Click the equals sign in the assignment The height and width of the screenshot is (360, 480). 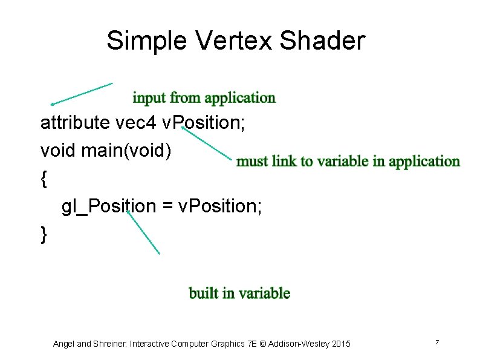[x=167, y=207]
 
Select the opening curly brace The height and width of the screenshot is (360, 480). [x=43, y=178]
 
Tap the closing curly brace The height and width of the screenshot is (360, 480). [x=43, y=234]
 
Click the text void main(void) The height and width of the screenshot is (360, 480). [x=106, y=151]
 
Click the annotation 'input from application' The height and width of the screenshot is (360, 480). [x=204, y=97]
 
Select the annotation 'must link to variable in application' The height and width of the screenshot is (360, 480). [x=348, y=161]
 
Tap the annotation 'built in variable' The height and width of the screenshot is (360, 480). [x=239, y=293]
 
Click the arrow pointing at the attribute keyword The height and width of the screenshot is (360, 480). [x=81, y=94]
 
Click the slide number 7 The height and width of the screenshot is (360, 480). [x=436, y=343]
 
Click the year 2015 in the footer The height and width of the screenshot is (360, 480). [x=340, y=344]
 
